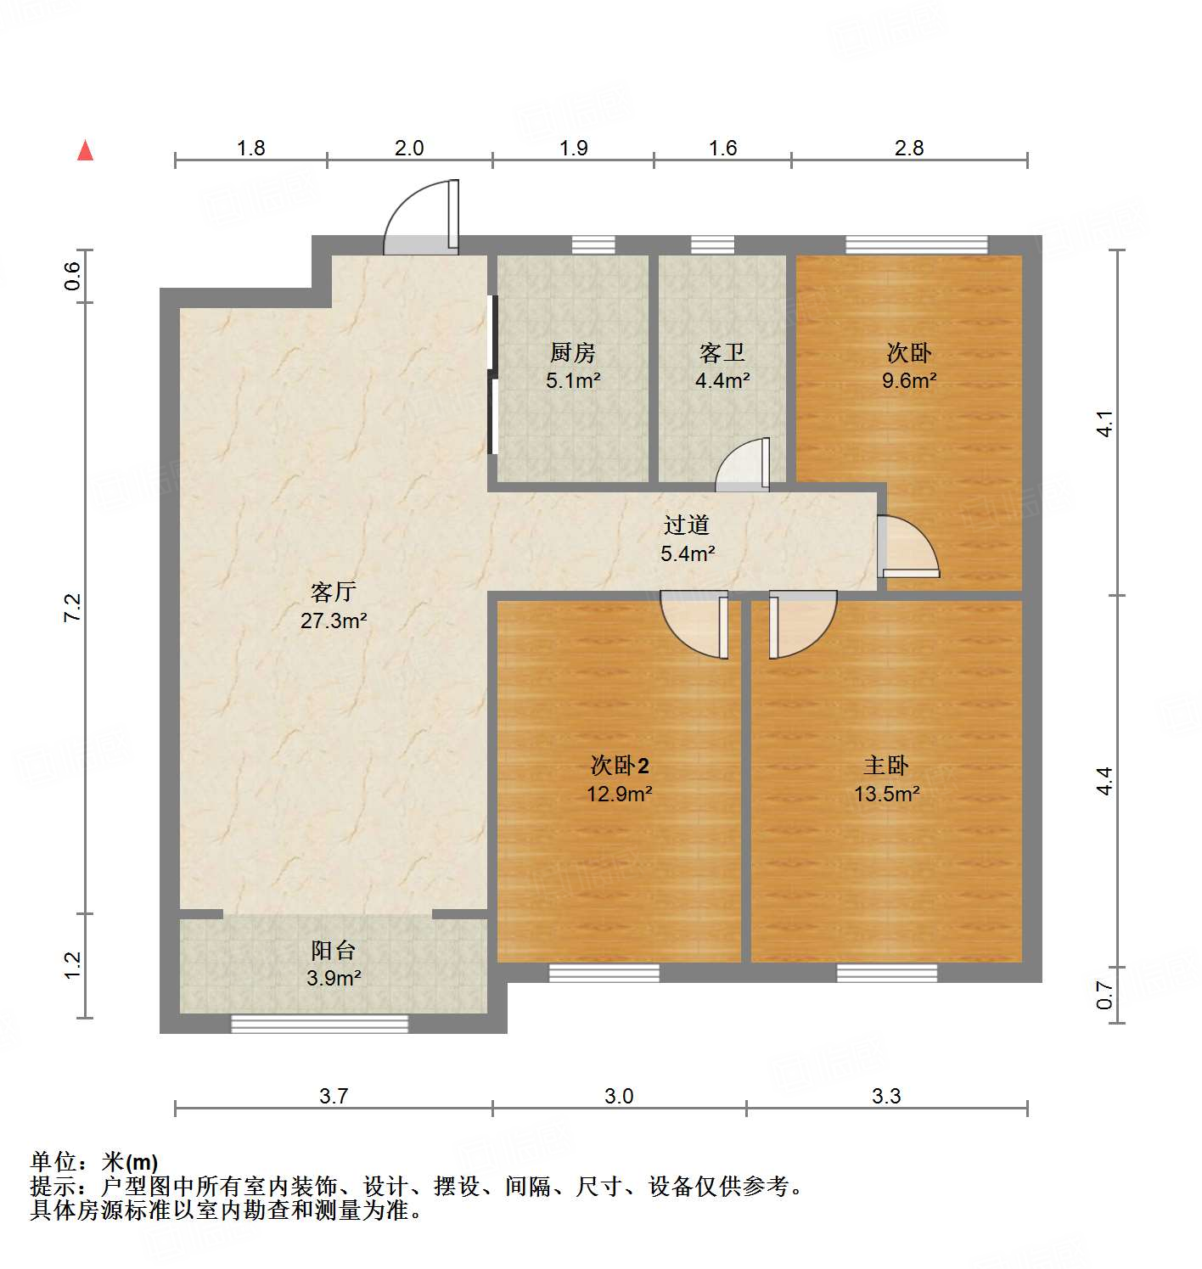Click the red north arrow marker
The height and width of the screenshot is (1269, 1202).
[x=85, y=150]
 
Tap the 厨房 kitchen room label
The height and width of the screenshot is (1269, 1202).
[x=573, y=352]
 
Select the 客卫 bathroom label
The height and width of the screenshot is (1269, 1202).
[x=722, y=352]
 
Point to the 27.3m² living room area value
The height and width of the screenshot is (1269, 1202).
[x=333, y=621]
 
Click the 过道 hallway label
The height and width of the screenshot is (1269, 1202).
[x=687, y=525]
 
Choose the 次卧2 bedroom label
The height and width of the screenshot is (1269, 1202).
[x=620, y=766]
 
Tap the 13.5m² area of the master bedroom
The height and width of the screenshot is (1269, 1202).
[x=886, y=795]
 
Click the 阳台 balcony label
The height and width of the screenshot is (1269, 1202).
[x=333, y=951]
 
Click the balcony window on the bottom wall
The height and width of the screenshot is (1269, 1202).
[x=320, y=1024]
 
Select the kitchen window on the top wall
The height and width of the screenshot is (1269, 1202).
[x=593, y=245]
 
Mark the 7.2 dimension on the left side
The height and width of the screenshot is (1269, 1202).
[x=73, y=608]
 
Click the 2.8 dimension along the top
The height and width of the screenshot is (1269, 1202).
[x=908, y=148]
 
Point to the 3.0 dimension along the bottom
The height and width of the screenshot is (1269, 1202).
[x=619, y=1096]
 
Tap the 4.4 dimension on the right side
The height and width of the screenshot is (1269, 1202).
[x=1104, y=780]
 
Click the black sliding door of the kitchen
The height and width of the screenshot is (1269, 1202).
[x=492, y=375]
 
